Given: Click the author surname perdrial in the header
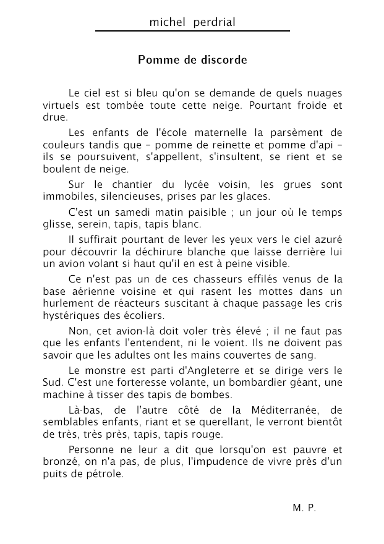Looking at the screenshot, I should coord(214,23).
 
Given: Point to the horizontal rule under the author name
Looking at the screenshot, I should coord(192,31).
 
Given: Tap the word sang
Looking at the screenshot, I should coord(304,355).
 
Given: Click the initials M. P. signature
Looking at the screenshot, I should coord(304,508).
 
